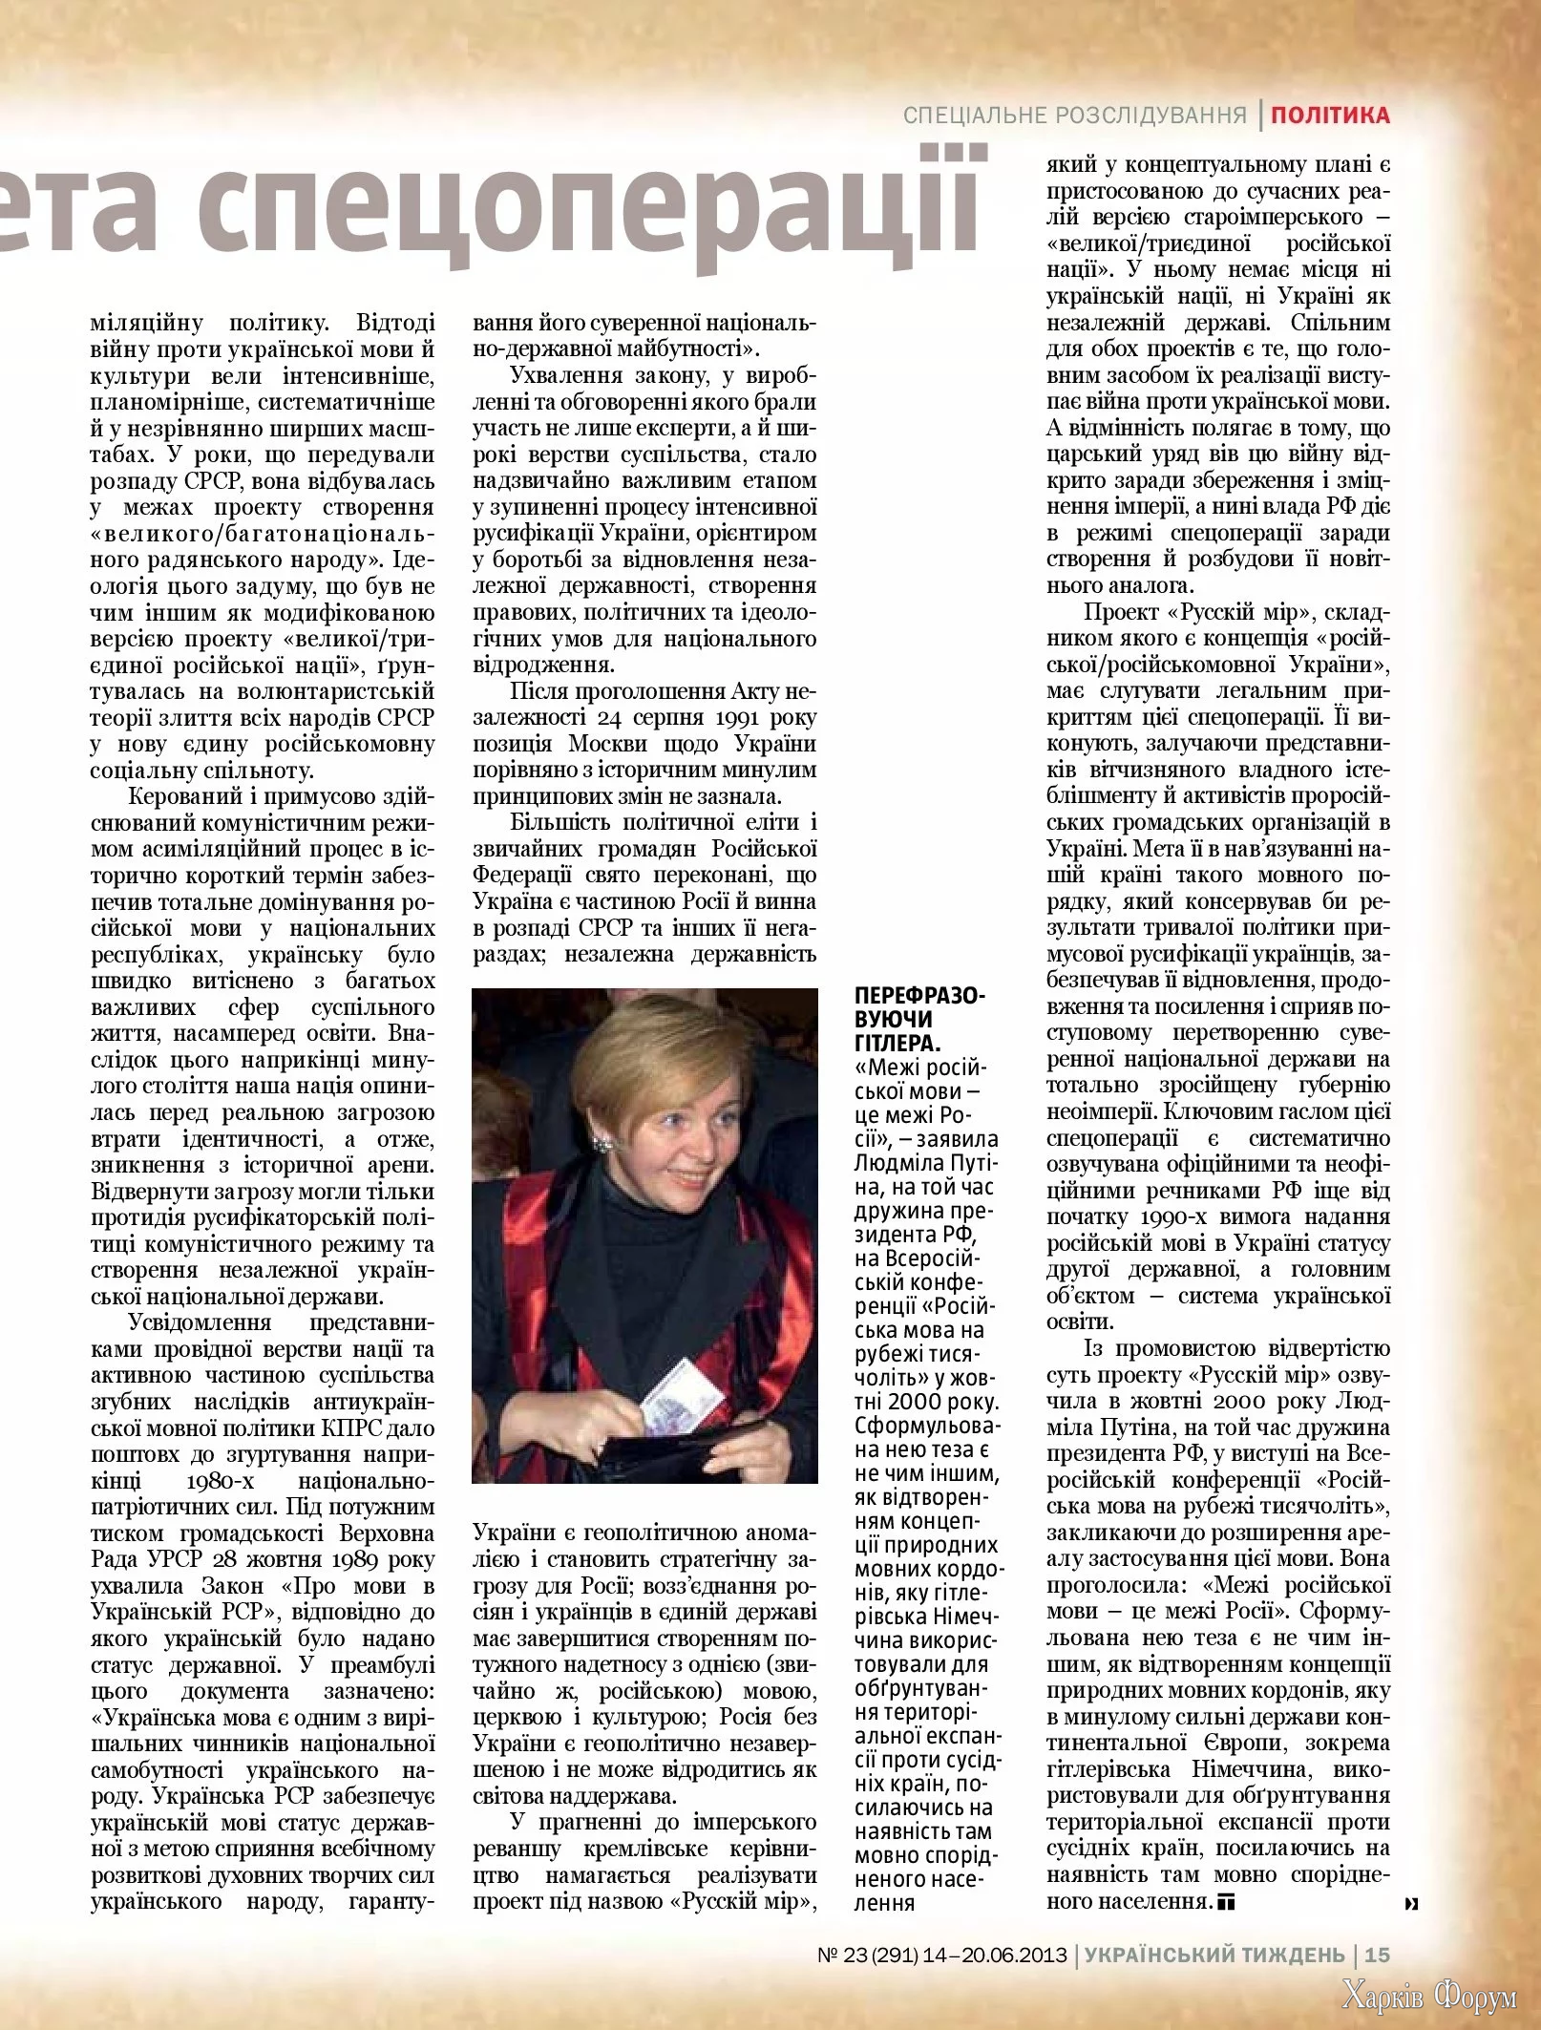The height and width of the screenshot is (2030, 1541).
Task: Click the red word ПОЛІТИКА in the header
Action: click(1329, 116)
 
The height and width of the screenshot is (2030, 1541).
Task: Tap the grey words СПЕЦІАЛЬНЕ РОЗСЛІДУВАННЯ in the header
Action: click(1074, 116)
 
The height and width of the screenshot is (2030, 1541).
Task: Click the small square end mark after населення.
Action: click(1226, 1902)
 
